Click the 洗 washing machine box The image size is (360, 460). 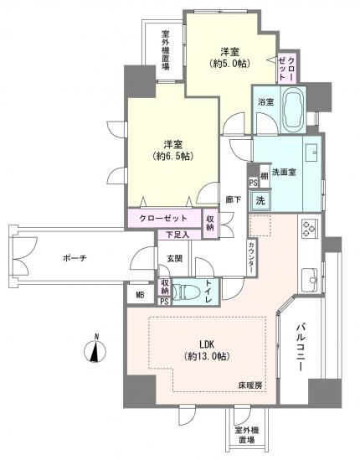260,201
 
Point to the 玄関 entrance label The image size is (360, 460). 174,258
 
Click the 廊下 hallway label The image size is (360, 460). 234,200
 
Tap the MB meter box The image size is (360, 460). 138,294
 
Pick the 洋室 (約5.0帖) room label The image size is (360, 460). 231,55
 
